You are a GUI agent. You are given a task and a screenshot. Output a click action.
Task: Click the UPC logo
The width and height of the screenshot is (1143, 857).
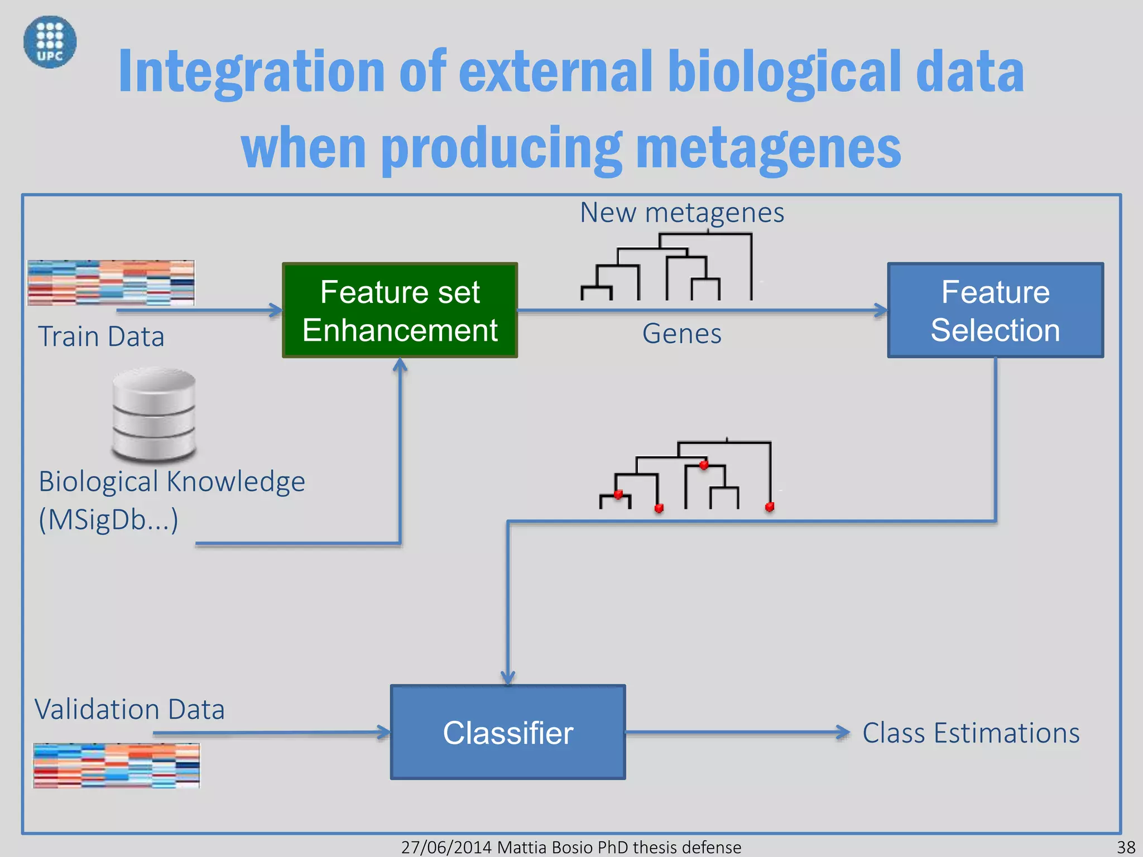click(50, 42)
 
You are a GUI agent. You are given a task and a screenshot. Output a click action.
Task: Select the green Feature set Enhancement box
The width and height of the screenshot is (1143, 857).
click(400, 310)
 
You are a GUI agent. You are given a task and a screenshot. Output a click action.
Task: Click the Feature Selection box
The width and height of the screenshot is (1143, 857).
click(995, 310)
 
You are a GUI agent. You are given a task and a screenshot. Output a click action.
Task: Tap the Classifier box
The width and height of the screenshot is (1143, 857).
click(508, 732)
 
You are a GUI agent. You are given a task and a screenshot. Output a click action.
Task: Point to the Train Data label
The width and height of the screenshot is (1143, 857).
click(101, 336)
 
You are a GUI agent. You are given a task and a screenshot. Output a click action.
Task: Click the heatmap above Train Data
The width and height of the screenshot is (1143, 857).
click(111, 283)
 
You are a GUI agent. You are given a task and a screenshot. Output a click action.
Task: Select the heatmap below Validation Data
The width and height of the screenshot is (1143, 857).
click(116, 765)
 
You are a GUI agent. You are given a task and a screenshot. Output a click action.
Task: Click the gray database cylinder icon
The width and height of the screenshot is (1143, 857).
click(154, 414)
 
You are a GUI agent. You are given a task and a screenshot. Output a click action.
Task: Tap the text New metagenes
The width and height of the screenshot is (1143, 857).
click(682, 213)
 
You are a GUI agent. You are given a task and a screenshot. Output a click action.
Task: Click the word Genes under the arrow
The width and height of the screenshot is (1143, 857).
click(681, 334)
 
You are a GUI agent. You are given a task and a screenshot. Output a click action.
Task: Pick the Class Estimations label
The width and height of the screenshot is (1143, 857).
click(971, 733)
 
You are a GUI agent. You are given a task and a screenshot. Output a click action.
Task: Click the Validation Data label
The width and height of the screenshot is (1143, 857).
click(129, 709)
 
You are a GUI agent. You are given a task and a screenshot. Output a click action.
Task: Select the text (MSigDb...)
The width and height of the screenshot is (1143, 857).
click(108, 519)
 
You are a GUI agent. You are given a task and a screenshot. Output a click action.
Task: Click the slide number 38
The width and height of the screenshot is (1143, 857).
click(1126, 847)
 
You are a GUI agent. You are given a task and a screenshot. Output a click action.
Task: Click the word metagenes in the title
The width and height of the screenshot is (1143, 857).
click(768, 148)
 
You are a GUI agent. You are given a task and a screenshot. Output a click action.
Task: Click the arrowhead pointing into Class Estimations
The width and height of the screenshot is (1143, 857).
click(844, 732)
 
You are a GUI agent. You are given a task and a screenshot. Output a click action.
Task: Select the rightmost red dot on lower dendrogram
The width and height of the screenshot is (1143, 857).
click(770, 507)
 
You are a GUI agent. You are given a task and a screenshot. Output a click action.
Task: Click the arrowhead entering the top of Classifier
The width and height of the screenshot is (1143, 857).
click(508, 678)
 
